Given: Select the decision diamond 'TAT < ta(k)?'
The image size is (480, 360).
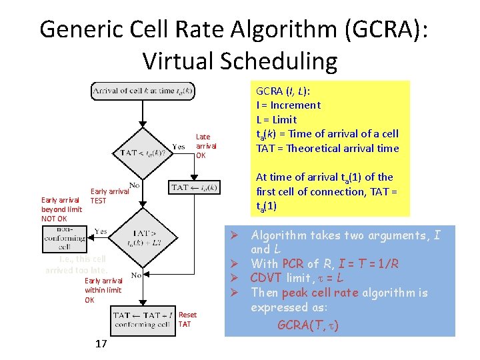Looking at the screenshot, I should pos(142,152).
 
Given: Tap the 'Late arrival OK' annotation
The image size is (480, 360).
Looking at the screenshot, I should pos(205,146).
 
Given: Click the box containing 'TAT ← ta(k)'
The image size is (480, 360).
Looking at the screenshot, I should pos(193,187).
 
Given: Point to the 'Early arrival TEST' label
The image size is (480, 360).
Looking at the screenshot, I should pos(109,195).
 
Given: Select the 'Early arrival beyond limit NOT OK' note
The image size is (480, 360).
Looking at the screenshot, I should pos(61,209).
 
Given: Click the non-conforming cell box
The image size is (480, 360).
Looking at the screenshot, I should pos(64,237).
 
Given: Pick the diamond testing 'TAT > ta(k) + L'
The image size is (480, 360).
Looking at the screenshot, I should pos(141,239).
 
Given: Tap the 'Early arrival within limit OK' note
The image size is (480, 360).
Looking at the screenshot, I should pos(103,290).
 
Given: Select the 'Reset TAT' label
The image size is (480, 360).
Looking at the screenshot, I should pos(187,319).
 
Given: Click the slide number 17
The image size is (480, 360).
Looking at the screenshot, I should pos(101,344).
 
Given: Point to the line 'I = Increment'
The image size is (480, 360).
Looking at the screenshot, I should pos(288,105).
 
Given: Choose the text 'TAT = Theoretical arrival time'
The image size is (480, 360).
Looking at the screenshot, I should pos(327,148).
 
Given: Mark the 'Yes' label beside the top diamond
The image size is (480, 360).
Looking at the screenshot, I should pos(179,147).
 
